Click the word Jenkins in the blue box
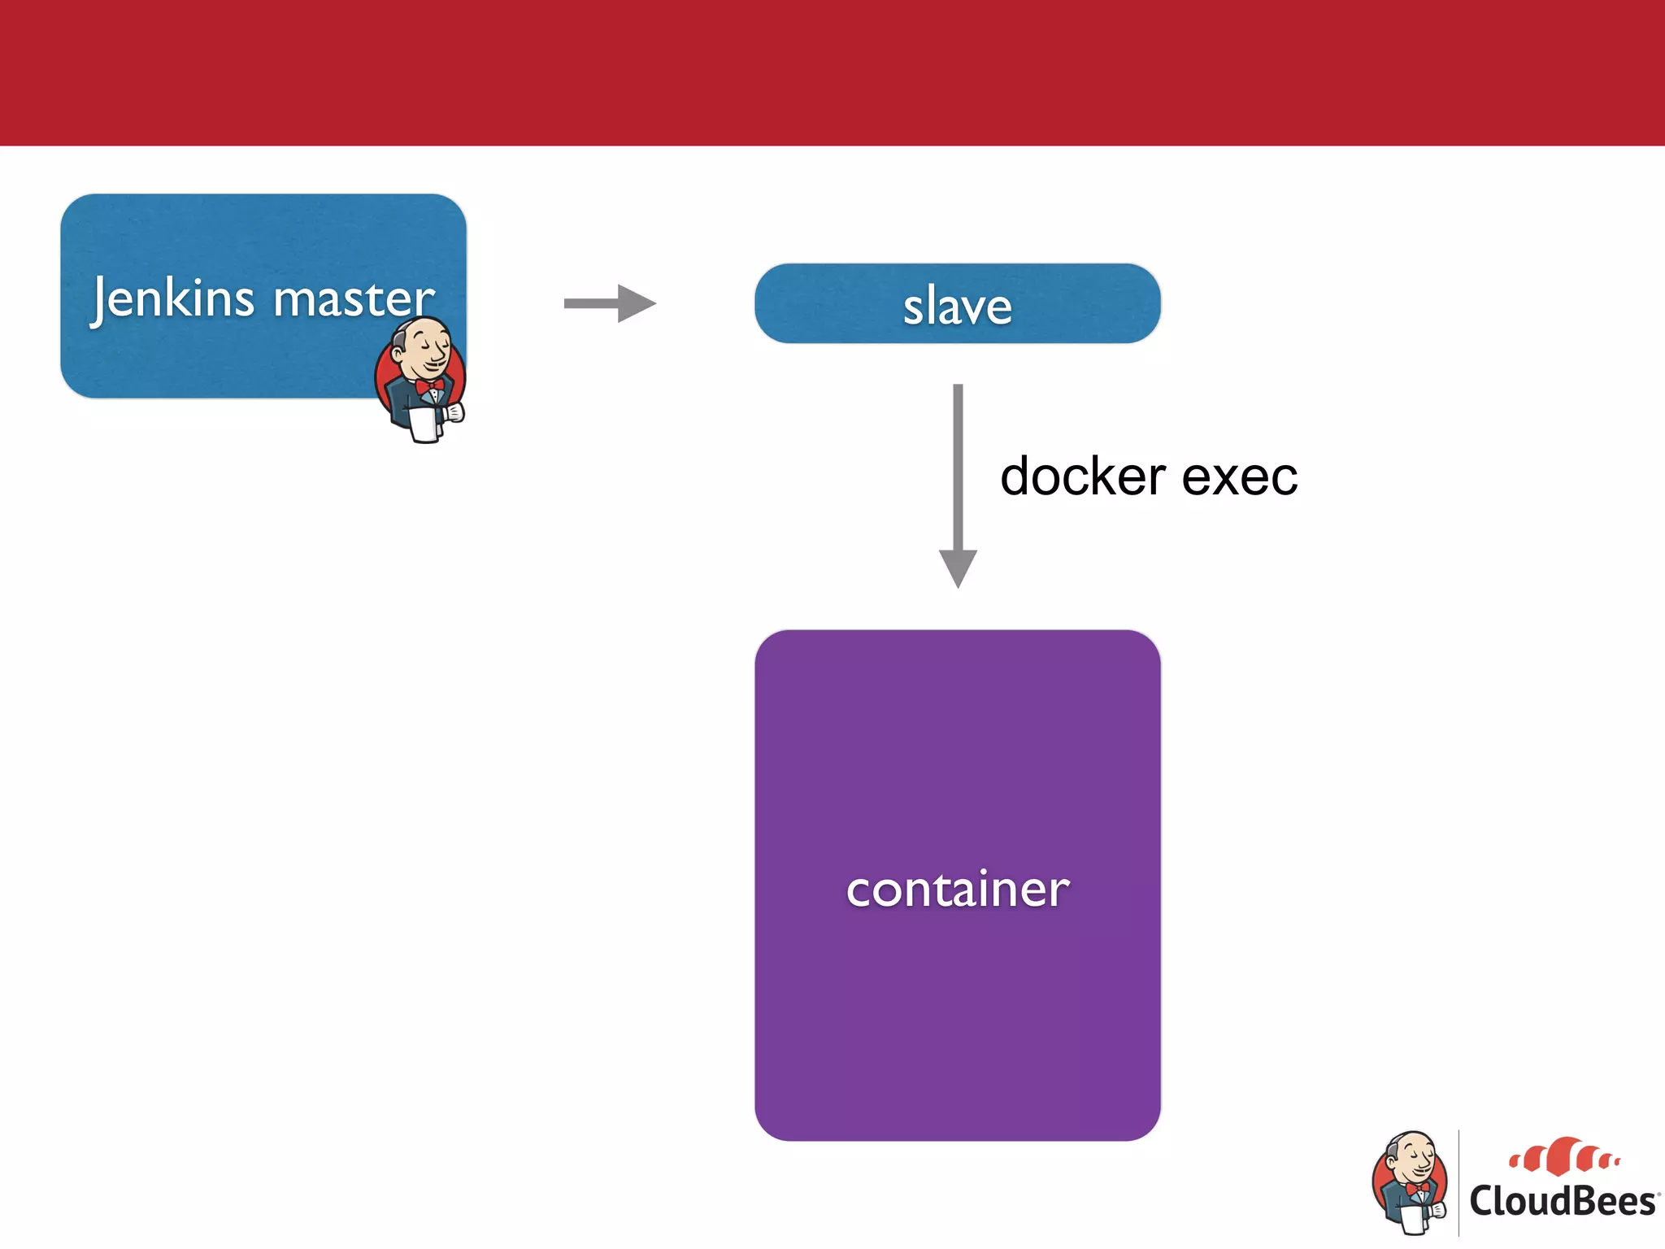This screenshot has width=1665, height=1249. coord(172,298)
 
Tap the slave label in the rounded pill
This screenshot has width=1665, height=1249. coord(957,307)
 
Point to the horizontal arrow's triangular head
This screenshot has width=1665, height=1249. coord(636,303)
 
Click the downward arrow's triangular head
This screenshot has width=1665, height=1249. coord(958,567)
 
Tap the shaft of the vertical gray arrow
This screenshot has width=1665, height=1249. coord(958,463)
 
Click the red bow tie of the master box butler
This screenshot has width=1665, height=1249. coord(429,385)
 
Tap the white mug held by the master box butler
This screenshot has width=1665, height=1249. coord(424,424)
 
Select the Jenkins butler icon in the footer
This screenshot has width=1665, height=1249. coord(1411,1183)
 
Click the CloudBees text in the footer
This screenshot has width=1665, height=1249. coord(1562,1202)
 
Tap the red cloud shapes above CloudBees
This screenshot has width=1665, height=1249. coord(1563,1156)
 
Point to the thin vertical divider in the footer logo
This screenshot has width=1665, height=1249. coord(1459,1183)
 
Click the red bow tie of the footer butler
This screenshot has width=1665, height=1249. coord(1418,1188)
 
